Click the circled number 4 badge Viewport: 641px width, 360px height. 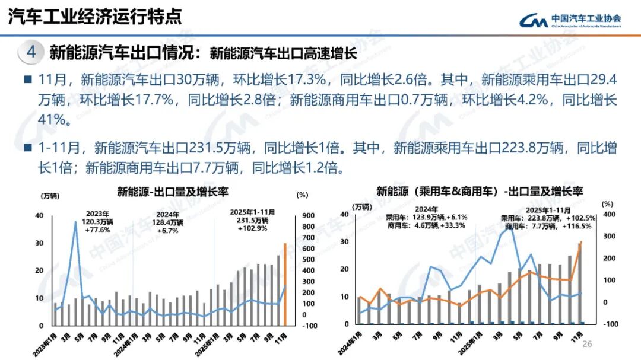[x=31, y=53]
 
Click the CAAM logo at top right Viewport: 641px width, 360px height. [x=570, y=21]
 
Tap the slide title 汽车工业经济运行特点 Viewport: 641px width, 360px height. [x=95, y=17]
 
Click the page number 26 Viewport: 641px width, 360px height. [x=588, y=344]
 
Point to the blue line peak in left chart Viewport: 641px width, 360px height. [x=75, y=222]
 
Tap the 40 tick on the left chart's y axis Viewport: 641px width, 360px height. [x=39, y=216]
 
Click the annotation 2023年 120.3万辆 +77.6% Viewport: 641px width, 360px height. [x=98, y=221]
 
